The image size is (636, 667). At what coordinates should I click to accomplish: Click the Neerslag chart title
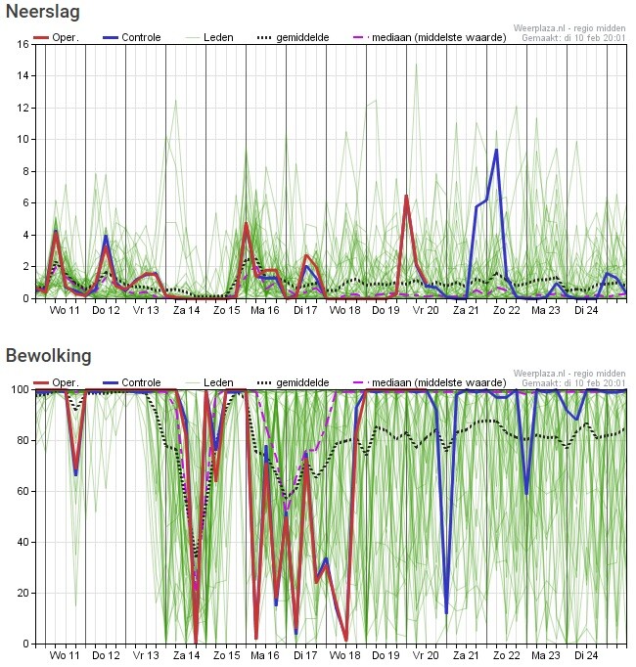point(43,13)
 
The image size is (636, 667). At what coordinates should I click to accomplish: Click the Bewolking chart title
point(48,355)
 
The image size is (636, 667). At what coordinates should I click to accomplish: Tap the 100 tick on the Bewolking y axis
point(19,389)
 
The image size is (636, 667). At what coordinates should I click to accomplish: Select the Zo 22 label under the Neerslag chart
point(507,310)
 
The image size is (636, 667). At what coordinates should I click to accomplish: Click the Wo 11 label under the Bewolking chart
point(66,655)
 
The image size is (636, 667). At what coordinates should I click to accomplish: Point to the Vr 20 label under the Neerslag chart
point(426,310)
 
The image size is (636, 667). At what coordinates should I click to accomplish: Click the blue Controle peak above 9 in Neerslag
point(497,150)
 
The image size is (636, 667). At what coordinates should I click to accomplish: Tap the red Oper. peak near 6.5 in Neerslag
point(406,196)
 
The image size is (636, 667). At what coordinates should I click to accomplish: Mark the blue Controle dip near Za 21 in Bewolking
point(446,612)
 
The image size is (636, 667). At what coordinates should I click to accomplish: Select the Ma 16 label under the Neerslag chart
point(265,310)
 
